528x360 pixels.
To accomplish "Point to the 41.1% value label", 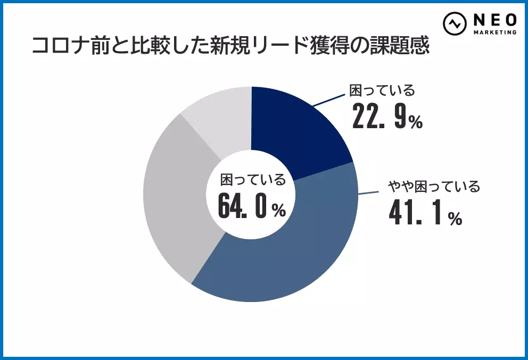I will pyautogui.click(x=424, y=211).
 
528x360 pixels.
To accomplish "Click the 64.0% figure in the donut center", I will pyautogui.click(x=251, y=206).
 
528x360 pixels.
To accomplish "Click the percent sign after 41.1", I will pyautogui.click(x=454, y=219).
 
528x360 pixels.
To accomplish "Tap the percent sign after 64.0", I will pyautogui.click(x=278, y=212).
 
